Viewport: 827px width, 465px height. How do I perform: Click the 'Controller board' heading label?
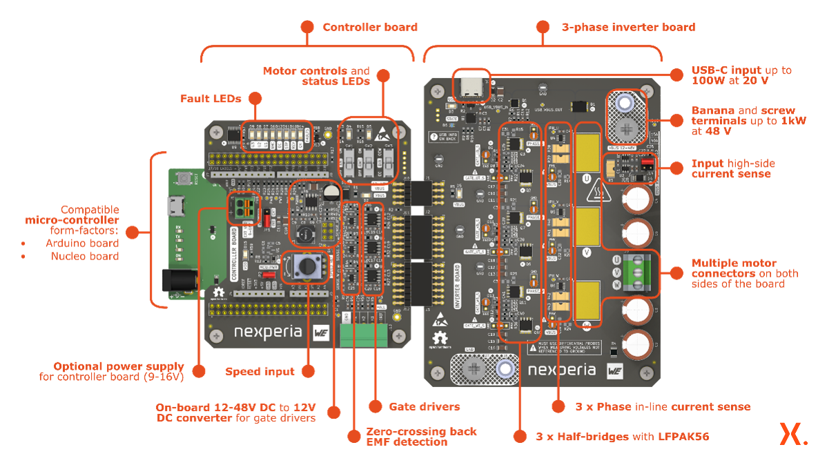click(370, 28)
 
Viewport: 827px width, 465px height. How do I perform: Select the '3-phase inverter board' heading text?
click(628, 28)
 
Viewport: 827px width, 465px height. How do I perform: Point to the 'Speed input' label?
click(260, 371)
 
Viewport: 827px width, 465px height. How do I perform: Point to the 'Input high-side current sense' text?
click(733, 169)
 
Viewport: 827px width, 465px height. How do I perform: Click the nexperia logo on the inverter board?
click(561, 370)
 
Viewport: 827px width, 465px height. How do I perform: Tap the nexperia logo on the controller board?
click(268, 332)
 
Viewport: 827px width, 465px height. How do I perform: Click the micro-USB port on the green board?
click(175, 205)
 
